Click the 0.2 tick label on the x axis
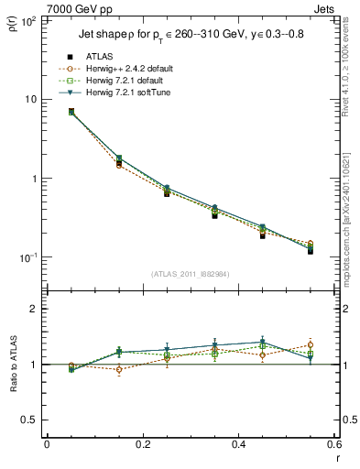tap(142, 444)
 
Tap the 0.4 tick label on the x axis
tap(238, 444)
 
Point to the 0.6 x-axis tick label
tap(333, 444)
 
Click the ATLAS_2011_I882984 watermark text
tap(190, 274)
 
